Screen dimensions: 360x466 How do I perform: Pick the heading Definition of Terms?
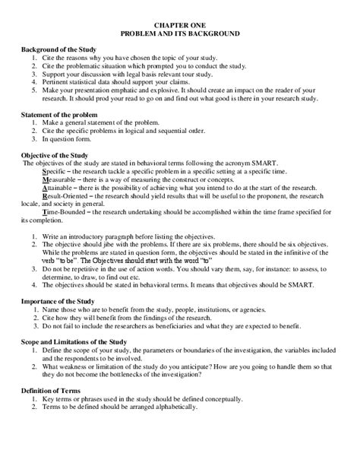(55, 389)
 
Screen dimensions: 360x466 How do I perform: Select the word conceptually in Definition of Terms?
(223, 398)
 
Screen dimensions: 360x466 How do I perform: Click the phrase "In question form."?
(68, 139)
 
